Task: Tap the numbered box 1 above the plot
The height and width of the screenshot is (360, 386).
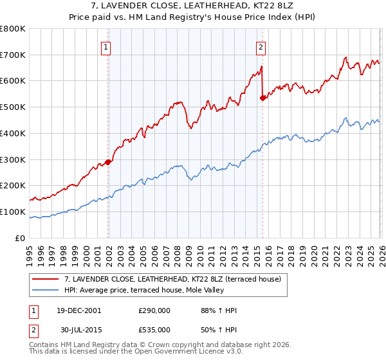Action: point(105,46)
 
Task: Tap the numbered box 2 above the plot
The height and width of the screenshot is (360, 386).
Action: point(261,46)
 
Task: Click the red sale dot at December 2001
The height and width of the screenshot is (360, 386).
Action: point(107,162)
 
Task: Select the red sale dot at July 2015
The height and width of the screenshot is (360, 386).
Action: point(262,98)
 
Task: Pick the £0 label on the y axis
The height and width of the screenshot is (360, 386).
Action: point(21,238)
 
